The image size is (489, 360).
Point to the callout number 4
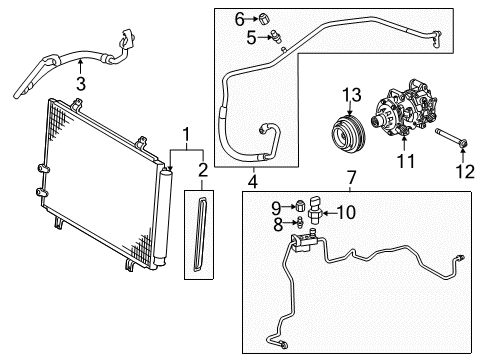[252, 181]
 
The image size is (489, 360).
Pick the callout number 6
[240, 18]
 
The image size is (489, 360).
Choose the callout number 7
[349, 177]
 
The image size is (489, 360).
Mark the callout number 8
[277, 226]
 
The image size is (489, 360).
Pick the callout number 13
[350, 95]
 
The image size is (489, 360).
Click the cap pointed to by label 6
[264, 17]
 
